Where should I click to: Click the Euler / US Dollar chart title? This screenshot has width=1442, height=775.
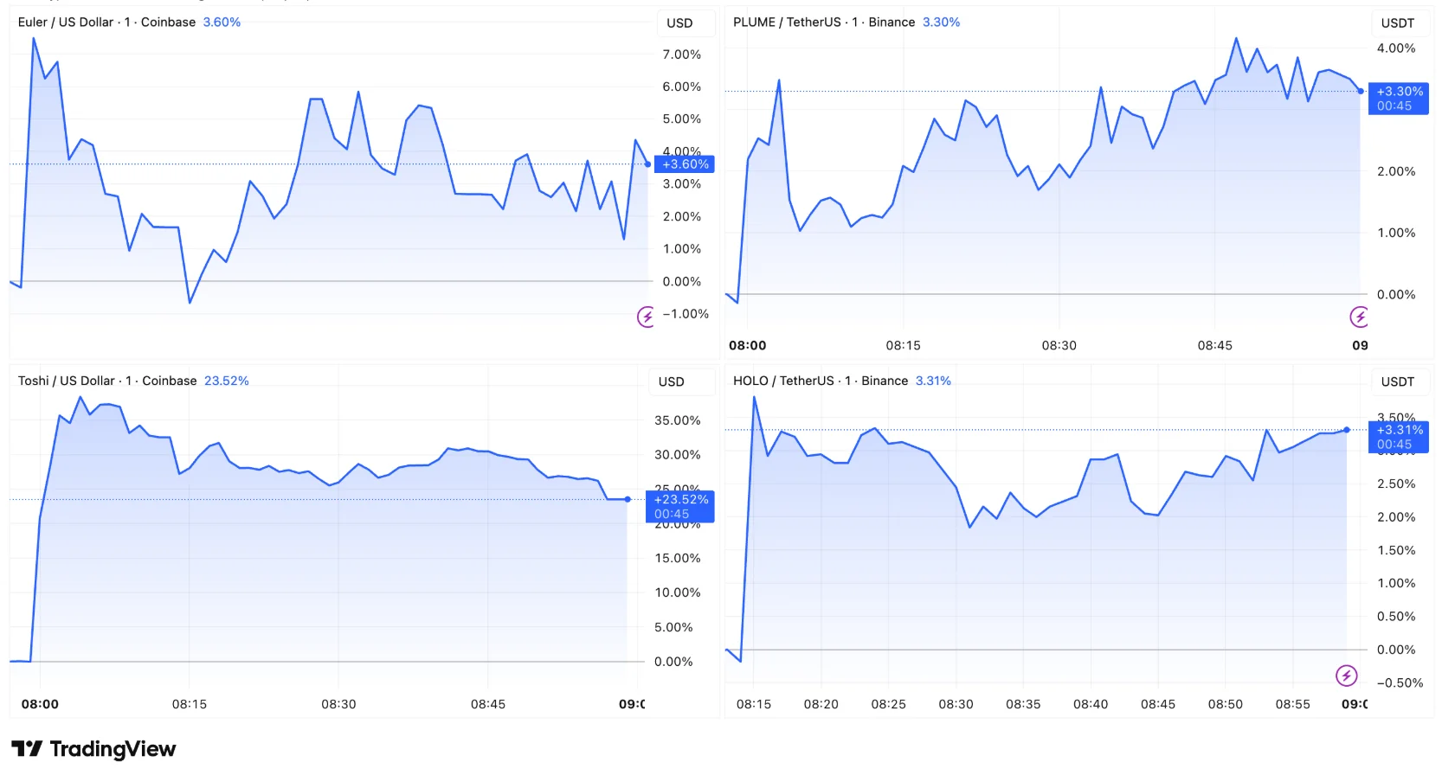pyautogui.click(x=106, y=22)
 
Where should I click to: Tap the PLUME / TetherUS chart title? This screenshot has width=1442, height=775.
pyautogui.click(x=823, y=22)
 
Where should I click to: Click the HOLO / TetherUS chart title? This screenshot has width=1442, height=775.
pyautogui.click(x=820, y=381)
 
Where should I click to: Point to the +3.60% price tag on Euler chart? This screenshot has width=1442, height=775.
pyautogui.click(x=685, y=164)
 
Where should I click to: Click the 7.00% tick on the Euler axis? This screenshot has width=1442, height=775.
pyautogui.click(x=681, y=54)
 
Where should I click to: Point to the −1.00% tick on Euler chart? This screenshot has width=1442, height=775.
pyautogui.click(x=685, y=314)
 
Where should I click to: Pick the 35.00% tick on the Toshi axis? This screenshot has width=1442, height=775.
pyautogui.click(x=677, y=420)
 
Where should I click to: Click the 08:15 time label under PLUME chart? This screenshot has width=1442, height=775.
pyautogui.click(x=903, y=345)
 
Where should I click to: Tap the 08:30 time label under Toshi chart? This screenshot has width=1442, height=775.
pyautogui.click(x=338, y=704)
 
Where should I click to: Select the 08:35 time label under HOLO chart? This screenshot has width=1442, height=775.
pyautogui.click(x=1023, y=704)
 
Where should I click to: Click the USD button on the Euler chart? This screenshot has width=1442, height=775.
pyautogui.click(x=679, y=23)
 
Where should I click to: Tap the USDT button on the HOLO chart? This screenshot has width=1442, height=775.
pyautogui.click(x=1397, y=381)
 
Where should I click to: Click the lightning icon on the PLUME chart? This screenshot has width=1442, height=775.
pyautogui.click(x=1359, y=317)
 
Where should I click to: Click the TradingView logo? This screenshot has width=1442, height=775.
pyautogui.click(x=93, y=749)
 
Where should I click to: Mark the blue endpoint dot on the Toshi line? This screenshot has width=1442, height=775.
pyautogui.click(x=628, y=499)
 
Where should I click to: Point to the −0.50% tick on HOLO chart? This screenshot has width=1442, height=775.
pyautogui.click(x=1400, y=682)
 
